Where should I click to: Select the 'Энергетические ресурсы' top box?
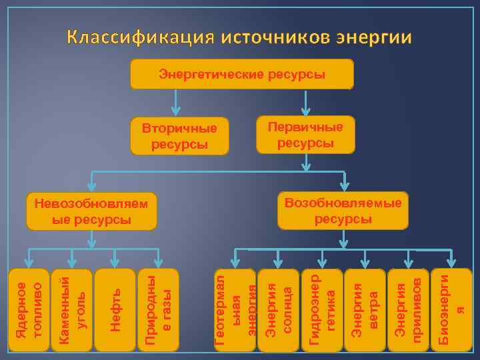[241, 74]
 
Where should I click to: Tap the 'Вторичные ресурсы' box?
[179, 135]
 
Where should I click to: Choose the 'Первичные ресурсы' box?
[305, 135]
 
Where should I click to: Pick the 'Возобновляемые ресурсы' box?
[343, 211]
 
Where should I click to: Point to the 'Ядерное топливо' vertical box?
[29, 310]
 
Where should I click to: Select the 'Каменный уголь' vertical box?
[71, 310]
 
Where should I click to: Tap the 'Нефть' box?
[115, 310]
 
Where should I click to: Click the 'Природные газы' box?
[159, 310]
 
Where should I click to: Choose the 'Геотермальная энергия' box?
[235, 311]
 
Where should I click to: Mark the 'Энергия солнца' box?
[278, 311]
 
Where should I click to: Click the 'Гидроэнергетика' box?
[321, 311]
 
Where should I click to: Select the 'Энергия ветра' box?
[365, 311]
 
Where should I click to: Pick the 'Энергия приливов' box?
[408, 311]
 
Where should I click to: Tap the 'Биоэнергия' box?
[451, 309]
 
